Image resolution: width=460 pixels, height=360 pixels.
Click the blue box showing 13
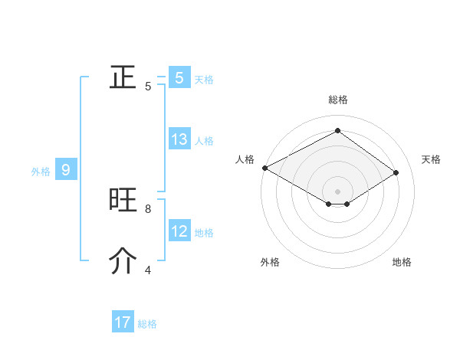[179, 139]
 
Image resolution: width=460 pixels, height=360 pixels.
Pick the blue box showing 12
[179, 231]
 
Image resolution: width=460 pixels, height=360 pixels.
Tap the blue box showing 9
[66, 170]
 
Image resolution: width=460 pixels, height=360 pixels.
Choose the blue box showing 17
[123, 322]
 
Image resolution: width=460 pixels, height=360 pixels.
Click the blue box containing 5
[179, 77]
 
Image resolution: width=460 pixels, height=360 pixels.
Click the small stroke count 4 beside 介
[148, 270]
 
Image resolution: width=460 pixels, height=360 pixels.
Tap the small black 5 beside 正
[148, 86]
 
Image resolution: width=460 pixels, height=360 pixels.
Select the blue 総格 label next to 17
[147, 324]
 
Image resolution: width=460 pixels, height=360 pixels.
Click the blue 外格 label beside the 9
[41, 172]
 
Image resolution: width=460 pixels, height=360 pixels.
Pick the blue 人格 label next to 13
[204, 141]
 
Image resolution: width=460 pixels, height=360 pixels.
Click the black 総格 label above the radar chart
[337, 100]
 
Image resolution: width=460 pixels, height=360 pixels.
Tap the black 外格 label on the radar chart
[270, 262]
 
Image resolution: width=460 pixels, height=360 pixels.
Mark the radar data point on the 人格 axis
[264, 167]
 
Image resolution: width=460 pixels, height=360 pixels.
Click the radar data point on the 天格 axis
[396, 172]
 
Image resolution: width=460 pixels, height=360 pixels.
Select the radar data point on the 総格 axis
[337, 131]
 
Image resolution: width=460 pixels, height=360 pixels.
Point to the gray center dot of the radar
[337, 190]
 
